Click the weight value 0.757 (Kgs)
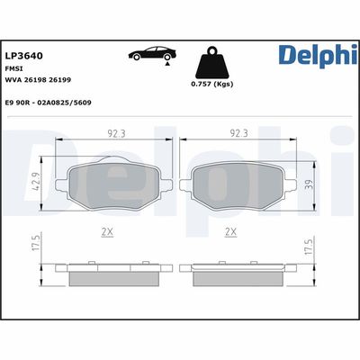[212, 85]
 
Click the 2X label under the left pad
[107, 232]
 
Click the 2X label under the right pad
[230, 232]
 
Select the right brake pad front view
[238, 183]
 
